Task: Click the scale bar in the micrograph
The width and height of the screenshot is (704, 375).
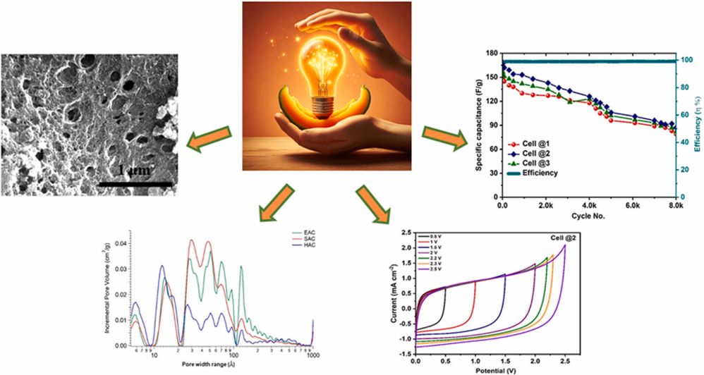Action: pos(135,185)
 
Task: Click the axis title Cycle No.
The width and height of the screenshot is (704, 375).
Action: pos(588,215)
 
